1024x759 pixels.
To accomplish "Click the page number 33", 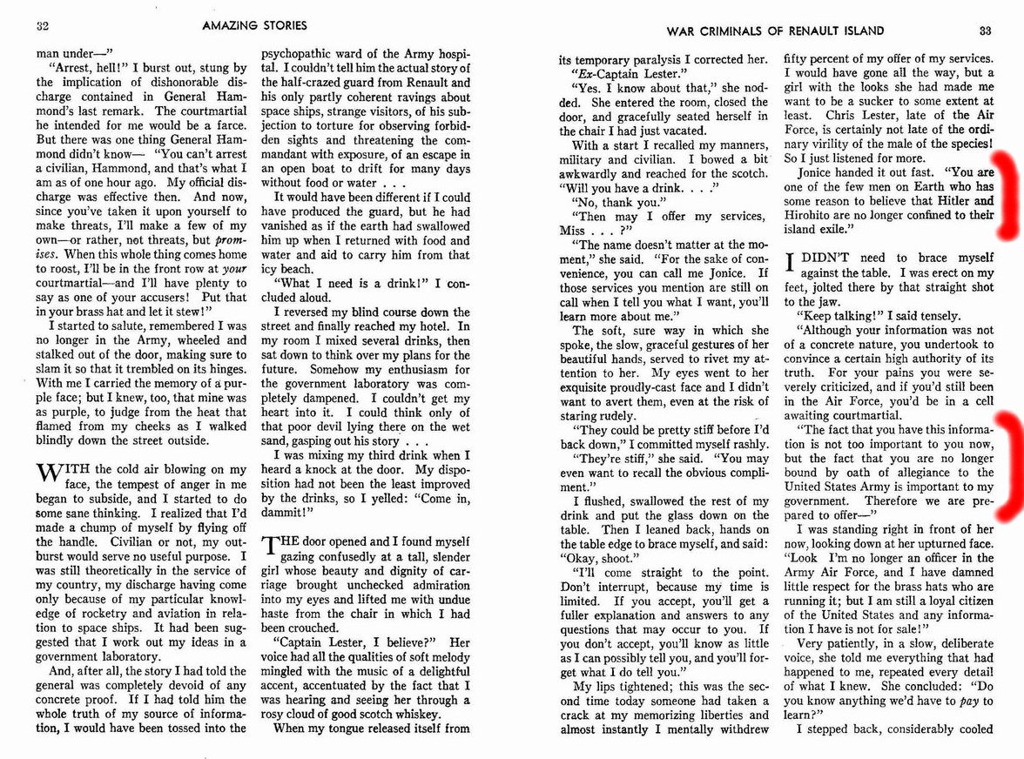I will [986, 30].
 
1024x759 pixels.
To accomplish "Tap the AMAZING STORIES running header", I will [253, 27].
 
